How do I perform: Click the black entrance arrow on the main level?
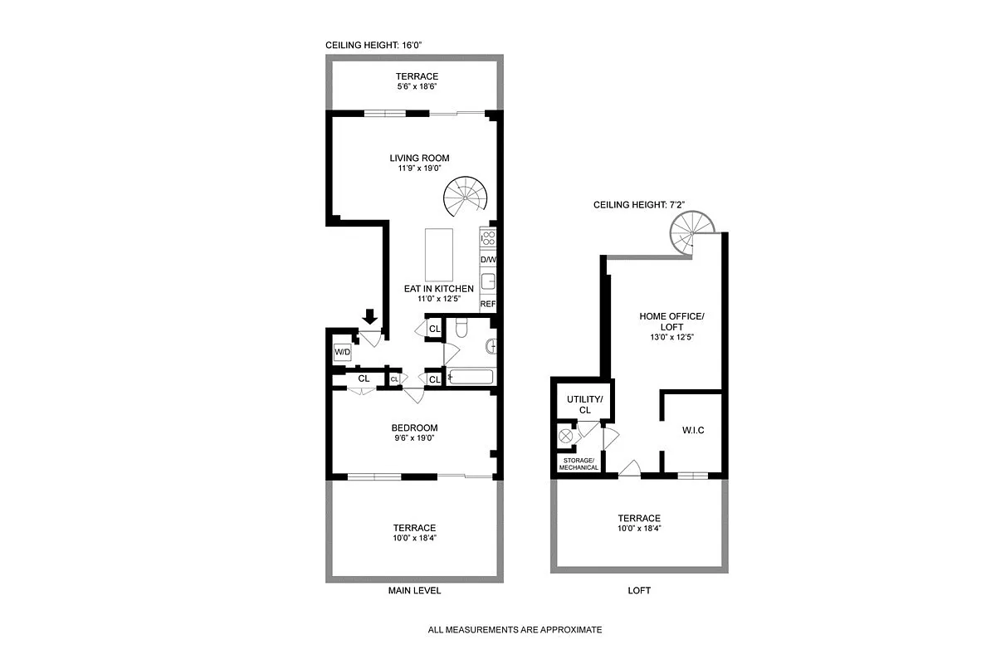pos(370,316)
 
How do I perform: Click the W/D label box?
pos(342,352)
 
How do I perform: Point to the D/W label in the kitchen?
pos(488,260)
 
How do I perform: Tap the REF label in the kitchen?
pos(488,305)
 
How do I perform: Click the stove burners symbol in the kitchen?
pos(488,239)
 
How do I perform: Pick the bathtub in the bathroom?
pos(471,378)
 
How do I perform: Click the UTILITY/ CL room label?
pos(584,404)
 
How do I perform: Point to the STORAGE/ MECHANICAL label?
pos(579,464)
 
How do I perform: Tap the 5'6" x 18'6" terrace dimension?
pos(417,86)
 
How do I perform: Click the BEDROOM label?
pos(414,428)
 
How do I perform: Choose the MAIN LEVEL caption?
pos(414,591)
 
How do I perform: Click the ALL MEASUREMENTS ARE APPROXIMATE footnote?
pos(515,630)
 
